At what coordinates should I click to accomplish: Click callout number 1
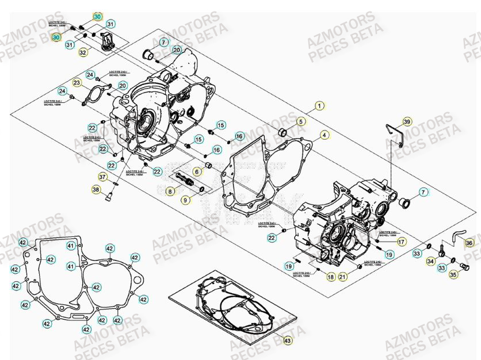(320, 106)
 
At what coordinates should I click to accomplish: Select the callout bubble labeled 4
(325, 135)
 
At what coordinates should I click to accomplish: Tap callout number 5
(300, 121)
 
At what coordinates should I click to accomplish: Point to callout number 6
(197, 171)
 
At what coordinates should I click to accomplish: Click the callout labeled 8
(170, 191)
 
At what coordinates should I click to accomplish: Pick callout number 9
(185, 200)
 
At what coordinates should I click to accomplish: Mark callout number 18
(330, 277)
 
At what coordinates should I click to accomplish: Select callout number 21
(342, 277)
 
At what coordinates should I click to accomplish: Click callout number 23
(78, 83)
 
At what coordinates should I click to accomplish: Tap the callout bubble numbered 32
(83, 52)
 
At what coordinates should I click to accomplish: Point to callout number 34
(430, 261)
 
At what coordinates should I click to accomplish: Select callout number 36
(469, 243)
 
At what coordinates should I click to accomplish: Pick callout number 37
(103, 177)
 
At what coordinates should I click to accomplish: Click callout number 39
(407, 122)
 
